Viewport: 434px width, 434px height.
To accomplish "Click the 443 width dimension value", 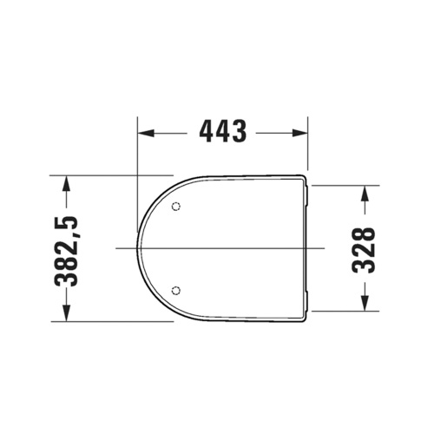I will coord(223,132).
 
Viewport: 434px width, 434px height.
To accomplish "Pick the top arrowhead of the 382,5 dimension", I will coord(69,181).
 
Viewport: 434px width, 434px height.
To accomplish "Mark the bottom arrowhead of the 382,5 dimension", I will coord(69,315).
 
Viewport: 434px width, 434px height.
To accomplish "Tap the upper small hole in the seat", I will coord(176,207).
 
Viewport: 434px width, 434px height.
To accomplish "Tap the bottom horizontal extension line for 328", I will coord(343,310).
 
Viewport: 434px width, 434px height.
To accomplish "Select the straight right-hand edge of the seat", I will coord(307,247).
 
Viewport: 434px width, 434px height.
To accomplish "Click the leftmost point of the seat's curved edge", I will coord(138,247).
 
